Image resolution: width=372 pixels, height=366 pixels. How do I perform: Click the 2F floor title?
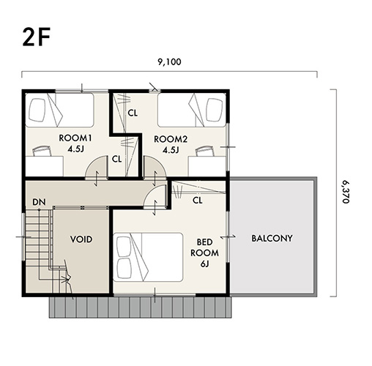click(37, 37)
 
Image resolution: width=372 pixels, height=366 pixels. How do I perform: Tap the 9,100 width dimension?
click(169, 62)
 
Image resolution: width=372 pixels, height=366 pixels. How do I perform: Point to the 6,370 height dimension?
click(346, 192)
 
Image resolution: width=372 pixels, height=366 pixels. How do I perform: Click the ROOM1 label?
click(75, 138)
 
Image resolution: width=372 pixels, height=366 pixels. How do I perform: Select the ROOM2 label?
click(171, 139)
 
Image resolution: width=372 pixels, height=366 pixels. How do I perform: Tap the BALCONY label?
click(272, 239)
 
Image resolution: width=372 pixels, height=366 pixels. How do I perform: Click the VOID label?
click(81, 239)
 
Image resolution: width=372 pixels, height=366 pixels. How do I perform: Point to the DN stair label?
click(39, 202)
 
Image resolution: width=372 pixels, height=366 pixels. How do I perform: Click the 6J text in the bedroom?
click(204, 264)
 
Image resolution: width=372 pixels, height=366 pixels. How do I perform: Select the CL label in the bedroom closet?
click(198, 201)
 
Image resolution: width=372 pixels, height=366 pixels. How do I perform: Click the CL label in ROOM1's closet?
click(116, 159)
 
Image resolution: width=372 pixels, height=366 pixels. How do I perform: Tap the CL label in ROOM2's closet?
click(133, 113)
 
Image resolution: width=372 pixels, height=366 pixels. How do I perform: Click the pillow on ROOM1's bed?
click(37, 110)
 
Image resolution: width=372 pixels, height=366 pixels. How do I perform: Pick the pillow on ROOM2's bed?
click(215, 110)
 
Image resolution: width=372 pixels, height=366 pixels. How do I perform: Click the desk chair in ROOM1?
click(42, 151)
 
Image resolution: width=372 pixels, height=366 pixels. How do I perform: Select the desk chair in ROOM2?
click(204, 151)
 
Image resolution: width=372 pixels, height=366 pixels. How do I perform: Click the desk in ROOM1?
click(45, 166)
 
